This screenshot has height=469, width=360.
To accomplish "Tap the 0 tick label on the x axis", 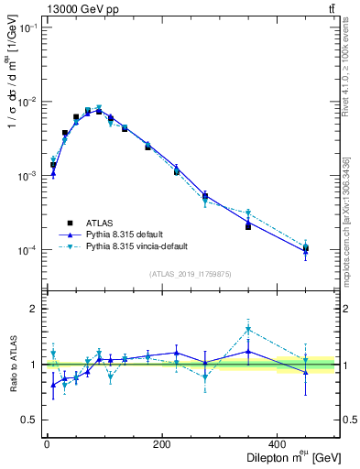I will [46, 445].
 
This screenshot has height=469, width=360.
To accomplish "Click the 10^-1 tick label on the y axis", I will [27, 27].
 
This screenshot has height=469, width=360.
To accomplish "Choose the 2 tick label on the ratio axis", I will [32, 310].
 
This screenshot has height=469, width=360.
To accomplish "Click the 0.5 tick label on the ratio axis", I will [28, 420].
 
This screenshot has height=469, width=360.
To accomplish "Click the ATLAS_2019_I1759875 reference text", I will [190, 274].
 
